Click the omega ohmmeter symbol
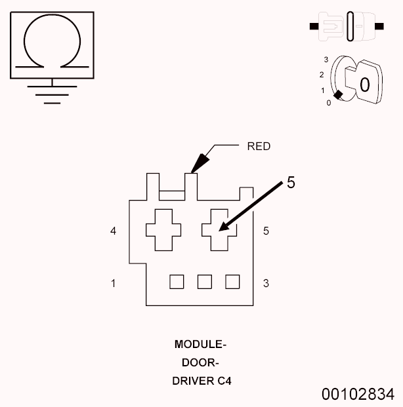[52, 44]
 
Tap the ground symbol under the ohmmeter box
[52, 92]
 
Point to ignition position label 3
[326, 60]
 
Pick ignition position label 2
[322, 75]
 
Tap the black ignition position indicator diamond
[338, 96]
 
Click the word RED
[258, 146]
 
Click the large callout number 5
[291, 183]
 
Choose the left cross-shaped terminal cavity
[163, 230]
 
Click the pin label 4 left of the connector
[114, 231]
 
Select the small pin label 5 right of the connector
[265, 231]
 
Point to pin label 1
[114, 283]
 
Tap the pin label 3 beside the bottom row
[265, 283]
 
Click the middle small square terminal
[204, 281]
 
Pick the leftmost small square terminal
[176, 281]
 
